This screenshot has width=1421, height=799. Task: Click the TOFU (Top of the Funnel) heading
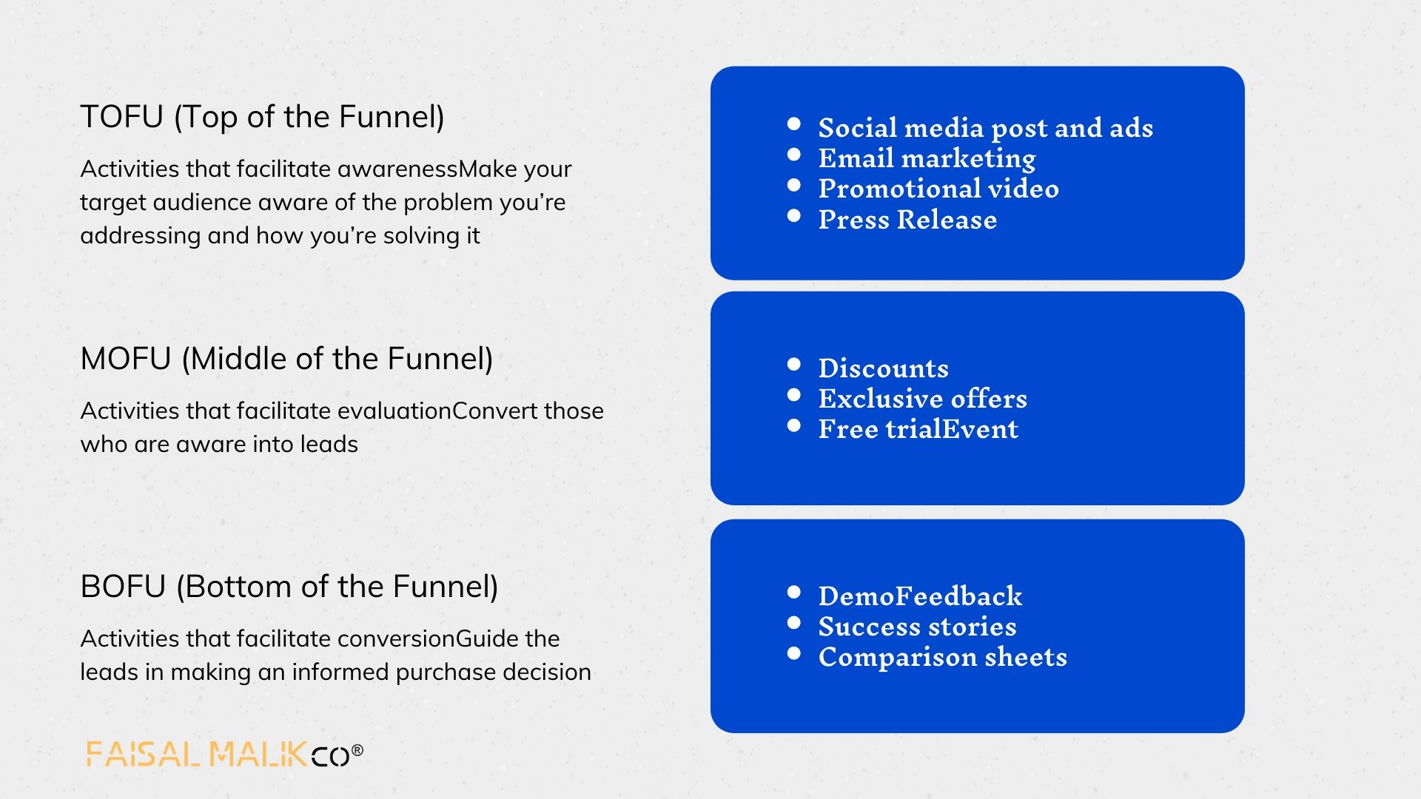pyautogui.click(x=262, y=117)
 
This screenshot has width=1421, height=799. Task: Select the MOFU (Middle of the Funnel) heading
pyautogui.click(x=286, y=359)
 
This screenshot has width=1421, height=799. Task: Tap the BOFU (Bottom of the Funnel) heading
pyautogui.click(x=289, y=587)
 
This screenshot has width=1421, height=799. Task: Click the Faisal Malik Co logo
pyautogui.click(x=224, y=753)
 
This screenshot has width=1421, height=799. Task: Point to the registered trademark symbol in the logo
pyautogui.click(x=357, y=750)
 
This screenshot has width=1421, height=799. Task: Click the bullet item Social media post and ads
pyautogui.click(x=985, y=128)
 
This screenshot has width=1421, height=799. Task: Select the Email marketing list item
pyautogui.click(x=927, y=158)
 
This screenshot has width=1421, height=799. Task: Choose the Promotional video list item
pyautogui.click(x=938, y=189)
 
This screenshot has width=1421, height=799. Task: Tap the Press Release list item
pyautogui.click(x=907, y=220)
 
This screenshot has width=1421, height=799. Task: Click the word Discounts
pyautogui.click(x=883, y=368)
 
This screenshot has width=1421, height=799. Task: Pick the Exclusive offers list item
pyautogui.click(x=922, y=399)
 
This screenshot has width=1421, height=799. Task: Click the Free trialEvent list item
pyautogui.click(x=918, y=429)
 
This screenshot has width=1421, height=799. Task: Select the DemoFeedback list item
pyautogui.click(x=920, y=596)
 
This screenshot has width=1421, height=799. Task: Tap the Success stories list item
pyautogui.click(x=917, y=627)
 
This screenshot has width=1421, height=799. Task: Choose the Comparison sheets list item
pyautogui.click(x=942, y=657)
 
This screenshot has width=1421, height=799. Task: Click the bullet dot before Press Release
pyautogui.click(x=794, y=216)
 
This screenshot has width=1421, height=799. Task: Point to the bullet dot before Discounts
pyautogui.click(x=794, y=364)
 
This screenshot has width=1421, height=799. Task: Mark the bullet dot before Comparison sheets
pyautogui.click(x=794, y=653)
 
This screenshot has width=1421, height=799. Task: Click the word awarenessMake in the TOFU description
pyautogui.click(x=427, y=169)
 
